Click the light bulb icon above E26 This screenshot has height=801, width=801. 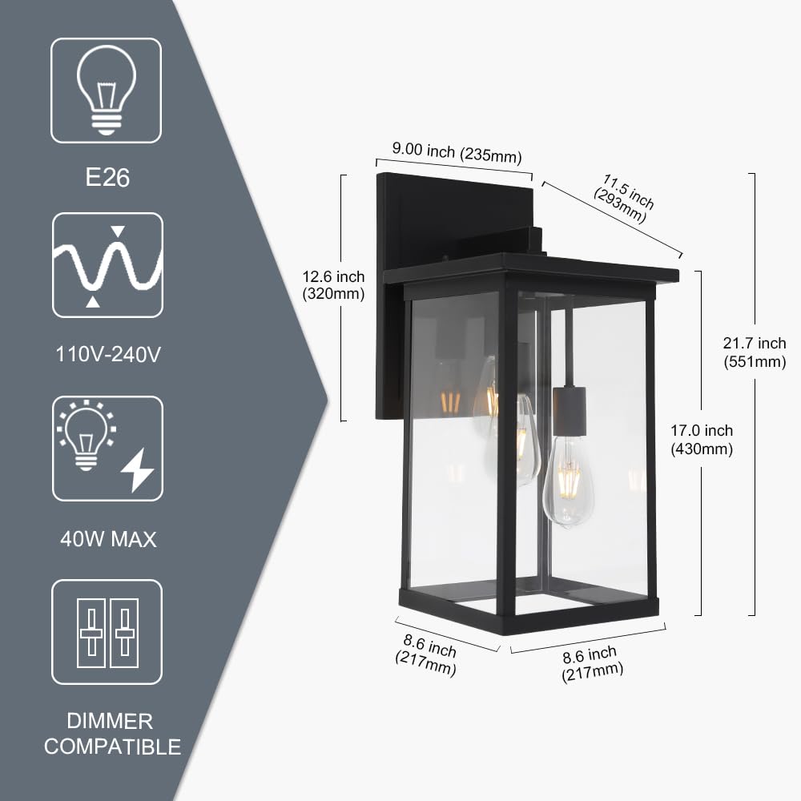pos(107,90)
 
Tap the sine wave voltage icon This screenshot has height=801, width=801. pos(107,265)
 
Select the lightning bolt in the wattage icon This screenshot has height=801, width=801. pos(137,469)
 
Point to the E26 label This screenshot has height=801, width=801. pos(107,176)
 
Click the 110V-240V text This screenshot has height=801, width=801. pos(107,352)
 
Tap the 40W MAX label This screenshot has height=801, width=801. pos(108,539)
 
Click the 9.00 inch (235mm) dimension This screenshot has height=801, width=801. pos(457,151)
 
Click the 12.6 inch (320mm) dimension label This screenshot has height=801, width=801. pos(333,285)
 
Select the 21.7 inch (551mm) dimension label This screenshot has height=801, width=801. pos(755,352)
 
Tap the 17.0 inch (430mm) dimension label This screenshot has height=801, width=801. pos(702,440)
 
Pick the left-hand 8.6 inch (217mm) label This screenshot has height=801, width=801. pos(428,654)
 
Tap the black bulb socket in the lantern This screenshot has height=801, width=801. pos(569,411)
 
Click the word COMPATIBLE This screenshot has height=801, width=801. pos(112,748)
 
